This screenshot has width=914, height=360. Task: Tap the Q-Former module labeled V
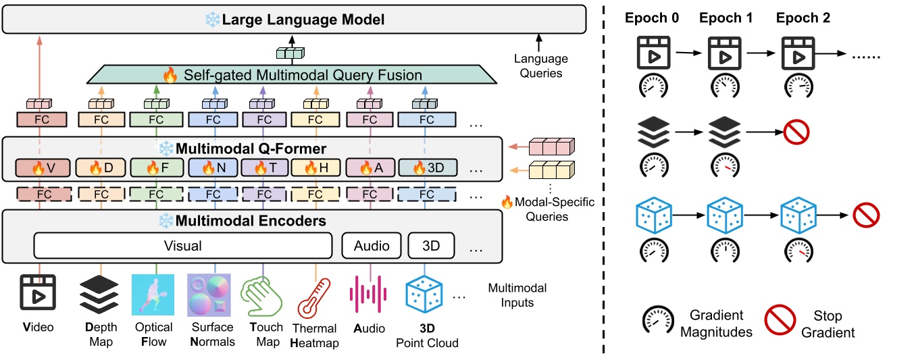38,167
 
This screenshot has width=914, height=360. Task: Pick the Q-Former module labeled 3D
428,167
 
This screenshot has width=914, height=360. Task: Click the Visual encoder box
183,247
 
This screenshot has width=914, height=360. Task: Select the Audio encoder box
372,247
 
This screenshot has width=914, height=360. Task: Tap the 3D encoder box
430,247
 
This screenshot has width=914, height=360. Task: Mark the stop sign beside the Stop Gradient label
784,323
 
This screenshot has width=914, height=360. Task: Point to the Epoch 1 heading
726,18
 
